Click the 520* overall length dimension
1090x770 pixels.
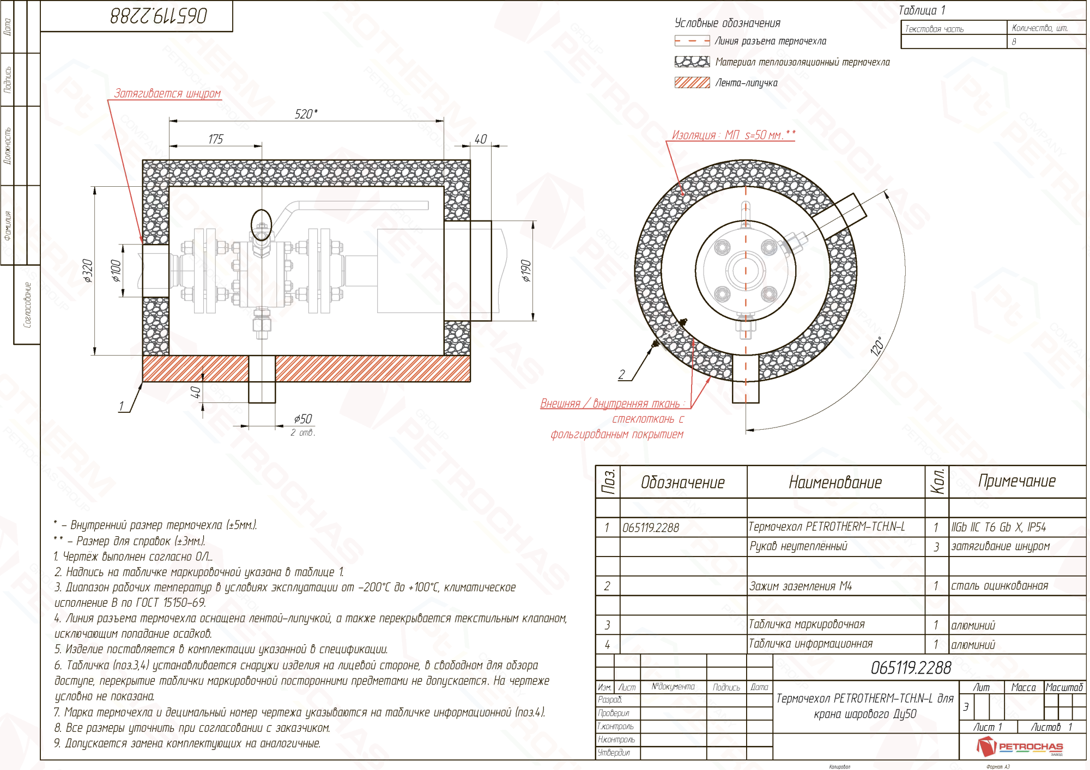pyautogui.click(x=306, y=114)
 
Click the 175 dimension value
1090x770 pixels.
pyautogui.click(x=216, y=139)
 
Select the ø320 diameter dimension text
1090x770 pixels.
pyautogui.click(x=88, y=271)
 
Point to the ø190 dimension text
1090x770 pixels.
pyautogui.click(x=525, y=271)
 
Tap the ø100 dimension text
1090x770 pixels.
pyautogui.click(x=116, y=271)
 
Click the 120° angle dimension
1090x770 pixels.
pyautogui.click(x=877, y=346)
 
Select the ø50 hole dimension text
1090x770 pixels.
pyautogui.click(x=303, y=419)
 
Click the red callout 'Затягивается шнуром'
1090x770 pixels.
pyautogui.click(x=167, y=94)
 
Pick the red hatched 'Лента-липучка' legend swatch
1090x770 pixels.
pyautogui.click(x=692, y=82)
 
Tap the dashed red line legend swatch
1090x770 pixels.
pyautogui.click(x=692, y=41)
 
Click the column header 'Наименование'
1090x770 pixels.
pyautogui.click(x=835, y=482)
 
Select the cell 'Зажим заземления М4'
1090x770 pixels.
pyautogui.click(x=800, y=586)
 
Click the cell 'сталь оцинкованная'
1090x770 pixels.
pyautogui.click(x=1000, y=586)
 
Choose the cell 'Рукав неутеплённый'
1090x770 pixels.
pyautogui.click(x=798, y=546)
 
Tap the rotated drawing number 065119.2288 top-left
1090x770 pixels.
pyautogui.click(x=159, y=16)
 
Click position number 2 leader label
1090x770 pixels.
pyautogui.click(x=622, y=375)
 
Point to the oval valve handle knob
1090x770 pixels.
pyautogui.click(x=261, y=225)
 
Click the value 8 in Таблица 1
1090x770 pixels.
pyautogui.click(x=1014, y=42)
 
